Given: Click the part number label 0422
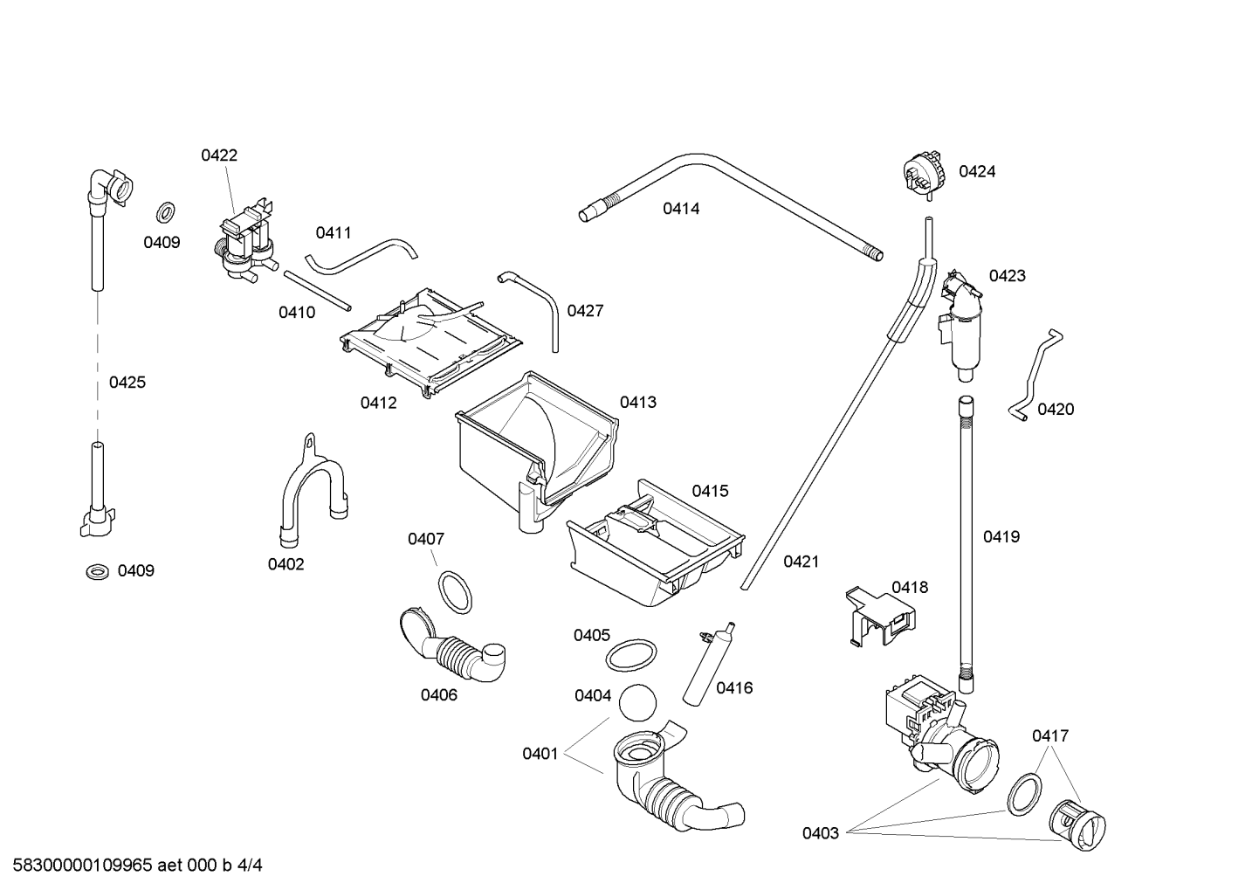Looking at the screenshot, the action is pyautogui.click(x=219, y=155).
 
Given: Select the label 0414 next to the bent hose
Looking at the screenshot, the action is pyautogui.click(x=681, y=209).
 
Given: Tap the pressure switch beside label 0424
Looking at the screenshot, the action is pyautogui.click(x=924, y=175).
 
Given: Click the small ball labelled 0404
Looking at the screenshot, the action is pyautogui.click(x=637, y=702).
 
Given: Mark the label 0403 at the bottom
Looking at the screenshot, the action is pyautogui.click(x=821, y=832).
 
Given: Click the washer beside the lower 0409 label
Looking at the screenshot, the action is pyautogui.click(x=98, y=572).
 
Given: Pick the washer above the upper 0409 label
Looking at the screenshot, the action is pyautogui.click(x=165, y=210).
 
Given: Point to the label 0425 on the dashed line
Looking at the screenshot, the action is pyautogui.click(x=127, y=383).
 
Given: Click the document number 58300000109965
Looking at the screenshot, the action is pyautogui.click(x=83, y=866).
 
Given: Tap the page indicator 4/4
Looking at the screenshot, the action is pyautogui.click(x=250, y=866).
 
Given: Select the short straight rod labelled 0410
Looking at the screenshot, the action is pyautogui.click(x=318, y=291).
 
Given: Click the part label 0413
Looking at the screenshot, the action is pyautogui.click(x=638, y=402).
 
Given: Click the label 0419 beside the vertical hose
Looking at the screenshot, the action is pyautogui.click(x=1001, y=537).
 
